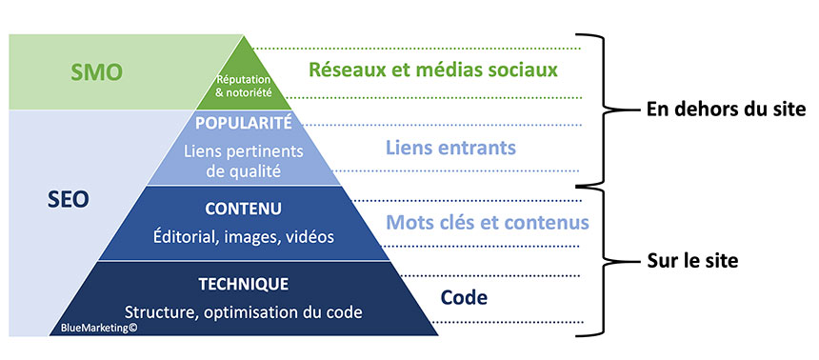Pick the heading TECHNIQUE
[x=243, y=284]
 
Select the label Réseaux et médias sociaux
[x=431, y=70]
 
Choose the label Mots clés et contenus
[x=487, y=222]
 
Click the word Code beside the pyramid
[x=465, y=297]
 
